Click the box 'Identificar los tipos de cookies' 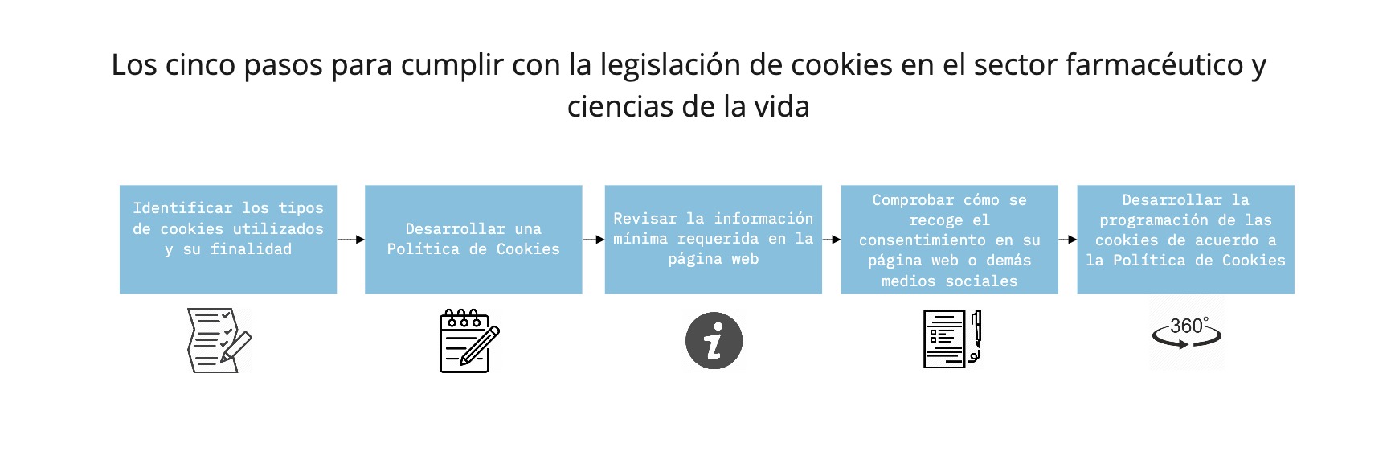click(227, 239)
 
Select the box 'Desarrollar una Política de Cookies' click(473, 239)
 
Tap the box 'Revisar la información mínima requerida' click(713, 239)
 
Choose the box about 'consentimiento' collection click(949, 239)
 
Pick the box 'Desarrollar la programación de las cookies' click(1185, 239)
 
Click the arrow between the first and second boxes click(350, 240)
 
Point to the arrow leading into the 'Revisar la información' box click(593, 240)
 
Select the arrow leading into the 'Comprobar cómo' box click(831, 240)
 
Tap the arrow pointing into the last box click(1067, 240)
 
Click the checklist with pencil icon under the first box click(219, 340)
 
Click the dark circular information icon click(714, 341)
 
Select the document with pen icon click(952, 339)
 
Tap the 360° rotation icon click(1186, 332)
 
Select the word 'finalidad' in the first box click(251, 249)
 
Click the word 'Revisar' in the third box click(644, 219)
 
